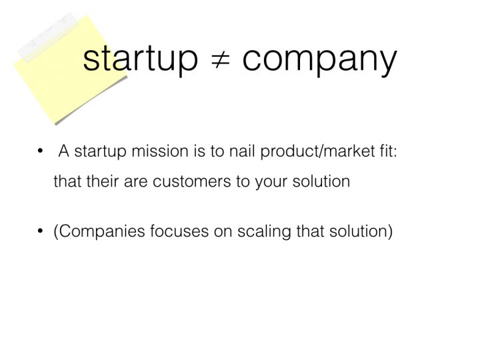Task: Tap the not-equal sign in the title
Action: tap(221, 59)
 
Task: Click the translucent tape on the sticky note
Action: tap(48, 37)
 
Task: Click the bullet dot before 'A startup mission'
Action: tap(40, 151)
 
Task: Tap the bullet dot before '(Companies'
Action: tap(40, 231)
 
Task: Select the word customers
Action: tap(191, 181)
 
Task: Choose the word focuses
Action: tap(179, 231)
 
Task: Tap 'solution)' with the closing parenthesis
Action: tap(361, 231)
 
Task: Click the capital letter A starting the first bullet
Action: tap(64, 151)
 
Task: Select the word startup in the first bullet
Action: tap(101, 152)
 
